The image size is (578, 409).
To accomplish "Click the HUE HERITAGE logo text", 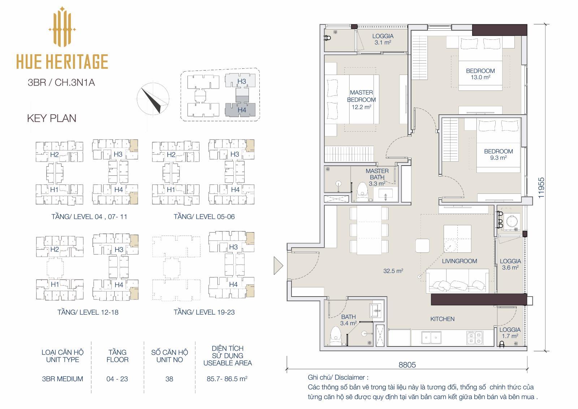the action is (62, 61).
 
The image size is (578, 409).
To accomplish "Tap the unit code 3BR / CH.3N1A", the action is (61, 82).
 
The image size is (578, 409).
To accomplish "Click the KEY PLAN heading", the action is (52, 118).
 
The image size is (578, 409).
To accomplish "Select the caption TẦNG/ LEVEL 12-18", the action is (88, 312).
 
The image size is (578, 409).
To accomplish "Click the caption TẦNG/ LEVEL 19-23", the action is (204, 312).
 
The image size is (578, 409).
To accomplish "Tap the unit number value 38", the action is (169, 379).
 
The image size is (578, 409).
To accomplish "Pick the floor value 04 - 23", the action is (117, 379).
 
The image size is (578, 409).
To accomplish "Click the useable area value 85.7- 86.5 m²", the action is (227, 379).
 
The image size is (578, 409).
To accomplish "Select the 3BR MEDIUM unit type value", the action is (62, 379).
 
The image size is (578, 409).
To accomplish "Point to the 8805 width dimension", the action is (407, 365).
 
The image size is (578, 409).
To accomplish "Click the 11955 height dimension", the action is (541, 188).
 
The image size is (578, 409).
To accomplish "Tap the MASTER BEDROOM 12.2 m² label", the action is (361, 100).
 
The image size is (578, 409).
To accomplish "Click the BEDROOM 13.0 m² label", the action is (480, 74).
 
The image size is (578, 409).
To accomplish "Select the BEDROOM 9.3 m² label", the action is (498, 154).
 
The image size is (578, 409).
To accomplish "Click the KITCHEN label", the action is (442, 319).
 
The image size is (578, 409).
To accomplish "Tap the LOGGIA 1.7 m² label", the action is (510, 333).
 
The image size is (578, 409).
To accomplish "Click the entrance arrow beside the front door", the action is (278, 265).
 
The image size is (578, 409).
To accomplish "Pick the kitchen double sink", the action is (431, 338).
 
